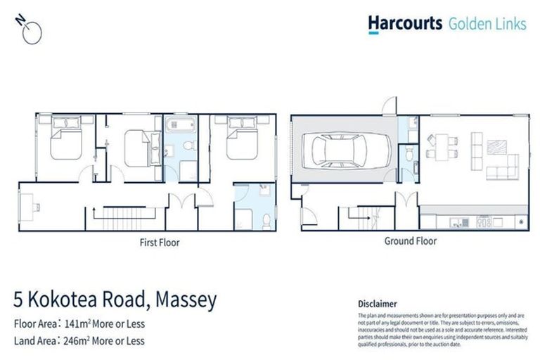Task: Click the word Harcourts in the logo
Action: pos(405,23)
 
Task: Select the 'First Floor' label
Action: pos(159,243)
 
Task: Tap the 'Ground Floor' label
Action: pos(410,241)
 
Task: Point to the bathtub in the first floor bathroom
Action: pos(181,126)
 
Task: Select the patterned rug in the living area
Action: pos(497,148)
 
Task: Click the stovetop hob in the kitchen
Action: pos(483,223)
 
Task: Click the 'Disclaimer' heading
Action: pos(378,304)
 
